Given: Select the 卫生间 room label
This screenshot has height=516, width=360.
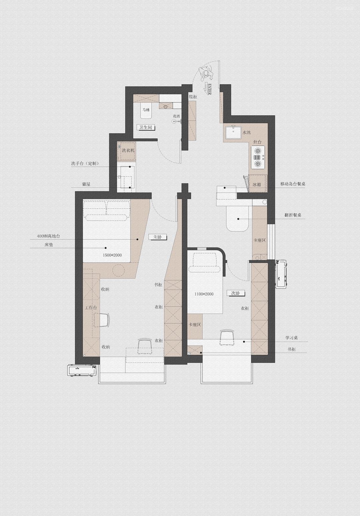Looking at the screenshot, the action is click(146, 127).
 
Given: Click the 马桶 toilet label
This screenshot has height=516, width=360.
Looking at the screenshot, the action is click(146, 110).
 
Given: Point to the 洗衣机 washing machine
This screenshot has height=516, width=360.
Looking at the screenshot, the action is click(126, 151).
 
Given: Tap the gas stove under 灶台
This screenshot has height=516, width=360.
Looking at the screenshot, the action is click(258, 158).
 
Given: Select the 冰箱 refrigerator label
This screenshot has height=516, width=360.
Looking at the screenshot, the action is click(257, 185).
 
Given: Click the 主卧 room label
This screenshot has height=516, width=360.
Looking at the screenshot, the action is click(158, 237).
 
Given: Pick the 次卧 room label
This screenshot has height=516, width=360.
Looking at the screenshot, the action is click(236, 293).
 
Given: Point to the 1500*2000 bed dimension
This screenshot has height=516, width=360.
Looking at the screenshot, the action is click(112, 255).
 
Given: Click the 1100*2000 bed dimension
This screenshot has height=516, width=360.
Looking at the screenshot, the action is click(204, 294).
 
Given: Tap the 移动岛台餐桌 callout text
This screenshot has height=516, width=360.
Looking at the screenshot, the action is click(293, 184).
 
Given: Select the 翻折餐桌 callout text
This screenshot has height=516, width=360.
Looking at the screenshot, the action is click(293, 215).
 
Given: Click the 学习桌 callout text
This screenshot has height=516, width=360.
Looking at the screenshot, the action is click(292, 338).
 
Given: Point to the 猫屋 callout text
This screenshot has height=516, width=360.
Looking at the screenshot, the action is click(86, 184).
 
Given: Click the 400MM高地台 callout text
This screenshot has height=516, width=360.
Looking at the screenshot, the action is click(48, 236).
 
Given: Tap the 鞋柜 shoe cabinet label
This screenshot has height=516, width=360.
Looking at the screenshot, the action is click(193, 97).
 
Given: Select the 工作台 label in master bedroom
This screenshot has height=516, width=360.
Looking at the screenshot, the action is click(91, 308).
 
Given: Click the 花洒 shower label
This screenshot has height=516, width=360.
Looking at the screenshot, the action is click(177, 116).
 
